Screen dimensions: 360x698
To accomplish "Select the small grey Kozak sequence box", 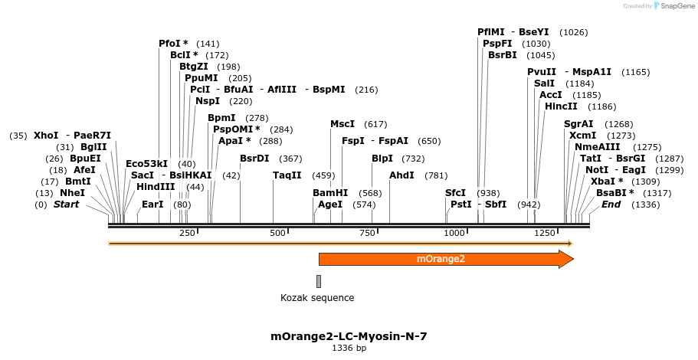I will [319, 281].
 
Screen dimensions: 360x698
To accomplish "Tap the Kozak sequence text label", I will [317, 298].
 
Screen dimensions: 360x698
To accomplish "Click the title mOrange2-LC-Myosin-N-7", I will [349, 336].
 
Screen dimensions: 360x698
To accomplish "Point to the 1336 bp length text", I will [349, 349].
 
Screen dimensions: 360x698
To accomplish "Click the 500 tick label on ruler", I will [278, 233].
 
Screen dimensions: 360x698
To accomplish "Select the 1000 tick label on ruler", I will [454, 233].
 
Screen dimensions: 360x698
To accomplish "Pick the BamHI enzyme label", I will [330, 193].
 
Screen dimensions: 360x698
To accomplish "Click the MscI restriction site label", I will [342, 124].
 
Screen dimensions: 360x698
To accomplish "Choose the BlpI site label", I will [382, 159].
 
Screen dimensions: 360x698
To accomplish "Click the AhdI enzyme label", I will [401, 176].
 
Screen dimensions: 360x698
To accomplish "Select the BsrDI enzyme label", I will [254, 159].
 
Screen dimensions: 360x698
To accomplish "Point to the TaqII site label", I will [287, 176].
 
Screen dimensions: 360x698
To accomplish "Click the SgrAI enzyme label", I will [578, 124].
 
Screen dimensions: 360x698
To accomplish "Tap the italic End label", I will [611, 205].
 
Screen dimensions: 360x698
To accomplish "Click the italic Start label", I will [66, 205].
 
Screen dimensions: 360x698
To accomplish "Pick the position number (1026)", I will [574, 32].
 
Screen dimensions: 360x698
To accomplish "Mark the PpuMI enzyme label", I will [202, 78].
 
